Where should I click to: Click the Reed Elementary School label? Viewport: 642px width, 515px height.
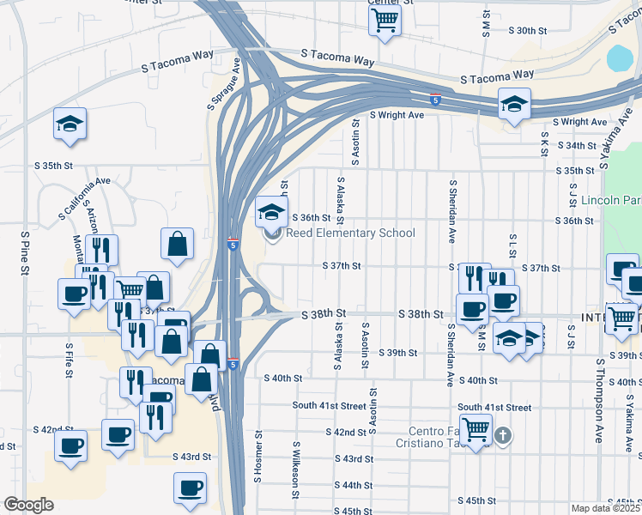click(x=350, y=233)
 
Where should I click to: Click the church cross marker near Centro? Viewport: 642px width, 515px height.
click(x=503, y=436)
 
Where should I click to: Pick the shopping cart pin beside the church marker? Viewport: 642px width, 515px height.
click(x=475, y=427)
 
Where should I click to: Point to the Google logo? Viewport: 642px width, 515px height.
click(x=28, y=505)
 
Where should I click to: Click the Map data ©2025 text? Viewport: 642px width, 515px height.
click(x=604, y=508)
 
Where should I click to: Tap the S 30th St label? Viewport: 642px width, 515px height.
click(x=527, y=30)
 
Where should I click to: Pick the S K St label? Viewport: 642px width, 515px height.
click(x=544, y=143)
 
